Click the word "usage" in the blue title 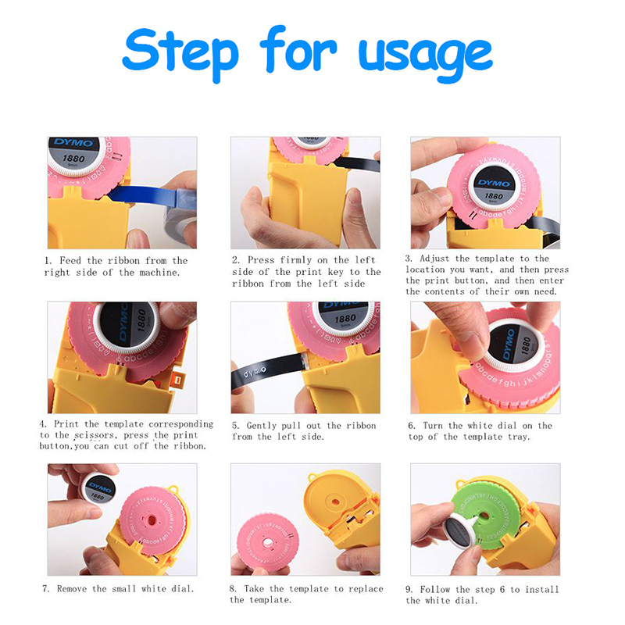point(426,55)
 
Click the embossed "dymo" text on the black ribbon point(255,373)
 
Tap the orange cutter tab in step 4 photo point(178,380)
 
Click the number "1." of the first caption point(48,261)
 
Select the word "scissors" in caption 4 point(96,435)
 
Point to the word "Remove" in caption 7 point(72,589)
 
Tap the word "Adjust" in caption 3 point(434,259)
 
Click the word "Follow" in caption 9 point(434,589)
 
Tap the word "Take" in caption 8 point(255,589)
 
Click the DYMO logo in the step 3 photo point(495,183)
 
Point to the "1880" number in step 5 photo point(345,319)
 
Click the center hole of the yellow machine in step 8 point(335,501)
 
